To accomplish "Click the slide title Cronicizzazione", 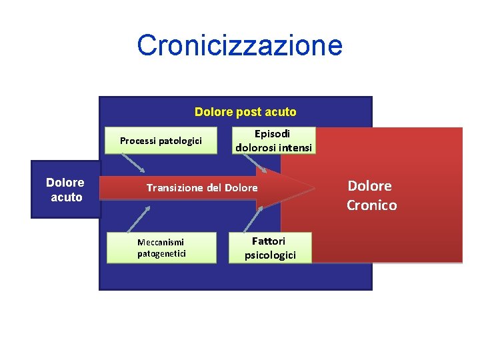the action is pyautogui.click(x=239, y=45).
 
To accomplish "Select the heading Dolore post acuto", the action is pyautogui.click(x=245, y=112).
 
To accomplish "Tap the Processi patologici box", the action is pyautogui.click(x=161, y=141).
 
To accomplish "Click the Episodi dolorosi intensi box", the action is pyautogui.click(x=273, y=141).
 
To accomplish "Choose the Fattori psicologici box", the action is pyautogui.click(x=269, y=247).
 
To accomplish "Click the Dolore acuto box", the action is pyautogui.click(x=65, y=189).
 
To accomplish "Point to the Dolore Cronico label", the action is pyautogui.click(x=371, y=195).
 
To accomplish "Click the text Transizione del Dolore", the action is pyautogui.click(x=201, y=188).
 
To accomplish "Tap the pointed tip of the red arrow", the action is pyautogui.click(x=314, y=188).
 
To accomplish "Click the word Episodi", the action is pyautogui.click(x=272, y=134).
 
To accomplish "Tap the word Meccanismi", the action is pyautogui.click(x=160, y=242).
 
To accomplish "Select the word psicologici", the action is pyautogui.click(x=270, y=255).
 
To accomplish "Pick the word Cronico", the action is pyautogui.click(x=371, y=205).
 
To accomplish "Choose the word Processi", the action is pyautogui.click(x=137, y=141).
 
